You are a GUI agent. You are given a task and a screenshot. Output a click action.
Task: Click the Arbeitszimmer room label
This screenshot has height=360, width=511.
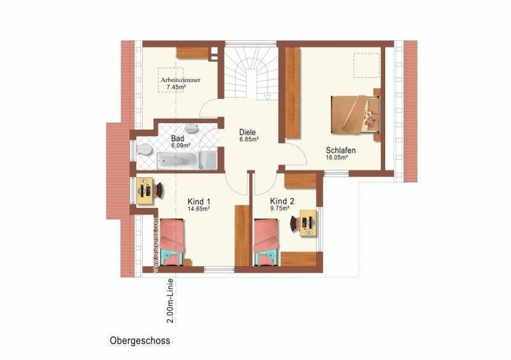[180, 80]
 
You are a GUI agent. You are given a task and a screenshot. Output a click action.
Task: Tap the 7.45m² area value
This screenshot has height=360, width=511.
[176, 87]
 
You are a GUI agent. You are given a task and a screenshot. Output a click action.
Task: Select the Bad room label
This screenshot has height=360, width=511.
[178, 139]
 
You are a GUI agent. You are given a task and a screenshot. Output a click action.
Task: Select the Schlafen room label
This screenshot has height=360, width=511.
[340, 151]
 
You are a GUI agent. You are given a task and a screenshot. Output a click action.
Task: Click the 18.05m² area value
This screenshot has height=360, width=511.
[337, 158]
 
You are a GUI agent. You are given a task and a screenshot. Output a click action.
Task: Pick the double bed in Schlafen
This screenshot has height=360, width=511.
[355, 116]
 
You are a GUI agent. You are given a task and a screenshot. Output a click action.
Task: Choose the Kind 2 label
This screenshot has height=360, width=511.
[282, 200]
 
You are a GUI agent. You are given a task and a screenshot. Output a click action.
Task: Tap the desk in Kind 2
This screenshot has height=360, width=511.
[309, 223]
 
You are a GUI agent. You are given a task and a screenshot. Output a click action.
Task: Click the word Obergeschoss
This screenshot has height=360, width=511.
[139, 340]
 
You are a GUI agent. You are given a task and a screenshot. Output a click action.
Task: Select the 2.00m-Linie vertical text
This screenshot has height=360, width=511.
[168, 300]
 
